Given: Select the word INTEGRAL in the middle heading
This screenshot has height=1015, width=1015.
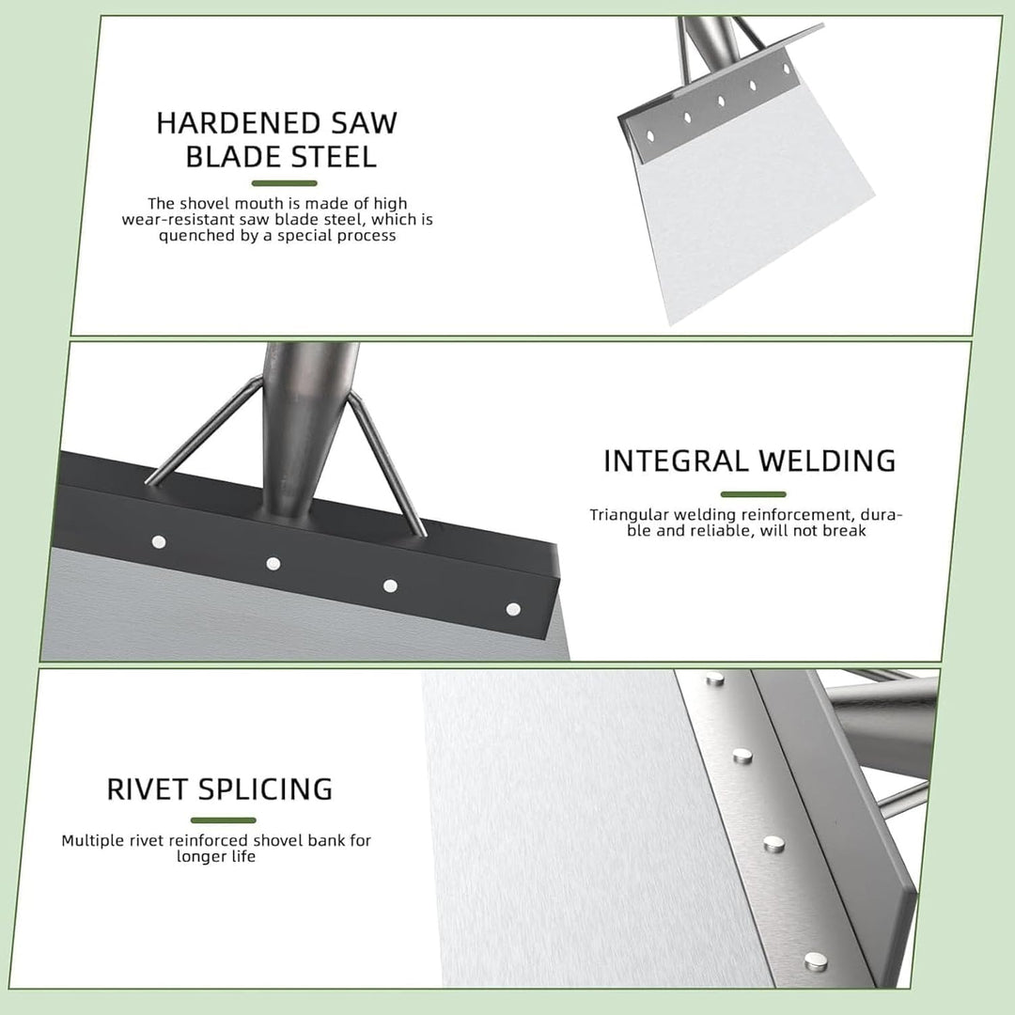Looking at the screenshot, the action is [676, 461].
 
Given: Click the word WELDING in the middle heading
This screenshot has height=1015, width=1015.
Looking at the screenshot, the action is [828, 461].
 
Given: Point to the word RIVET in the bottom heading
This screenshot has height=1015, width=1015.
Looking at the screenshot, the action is [147, 789].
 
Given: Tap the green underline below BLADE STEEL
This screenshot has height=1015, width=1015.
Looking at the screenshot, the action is [284, 183].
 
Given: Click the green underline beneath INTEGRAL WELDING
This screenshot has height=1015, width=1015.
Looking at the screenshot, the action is [754, 494].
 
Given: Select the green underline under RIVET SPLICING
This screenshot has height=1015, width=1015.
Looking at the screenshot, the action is [224, 820].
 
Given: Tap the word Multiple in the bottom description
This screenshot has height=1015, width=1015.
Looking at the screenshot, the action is [92, 841].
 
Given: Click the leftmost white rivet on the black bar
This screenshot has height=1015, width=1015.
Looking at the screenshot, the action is [159, 542].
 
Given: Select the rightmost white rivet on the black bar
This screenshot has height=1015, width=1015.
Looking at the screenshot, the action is [513, 609].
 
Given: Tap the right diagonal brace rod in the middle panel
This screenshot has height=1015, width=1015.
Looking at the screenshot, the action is [386, 465].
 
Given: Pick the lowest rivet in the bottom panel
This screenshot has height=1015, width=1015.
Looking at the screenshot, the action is [816, 962].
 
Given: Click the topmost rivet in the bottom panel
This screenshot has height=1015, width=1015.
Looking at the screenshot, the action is [715, 679].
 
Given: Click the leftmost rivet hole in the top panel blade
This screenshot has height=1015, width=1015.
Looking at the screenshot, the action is [650, 136].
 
